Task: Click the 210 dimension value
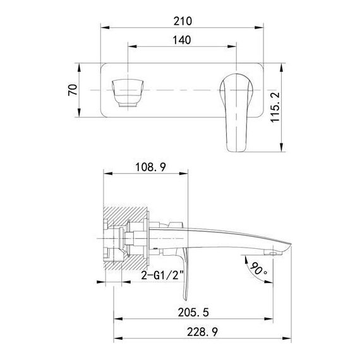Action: (183, 21)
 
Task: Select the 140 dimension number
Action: (182, 40)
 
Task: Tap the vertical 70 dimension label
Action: (73, 90)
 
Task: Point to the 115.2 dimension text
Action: (275, 107)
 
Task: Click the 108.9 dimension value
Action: (150, 167)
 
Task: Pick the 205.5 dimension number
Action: (193, 312)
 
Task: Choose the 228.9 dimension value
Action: (202, 332)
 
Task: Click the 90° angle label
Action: (258, 268)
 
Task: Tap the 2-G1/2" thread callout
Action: (162, 275)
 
